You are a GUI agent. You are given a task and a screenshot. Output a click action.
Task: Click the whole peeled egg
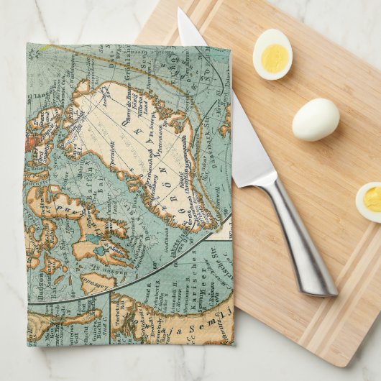[316, 119]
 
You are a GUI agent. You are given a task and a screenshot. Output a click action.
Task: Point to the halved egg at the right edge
[370, 201]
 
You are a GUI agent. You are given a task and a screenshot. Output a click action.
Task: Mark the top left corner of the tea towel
[28, 45]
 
